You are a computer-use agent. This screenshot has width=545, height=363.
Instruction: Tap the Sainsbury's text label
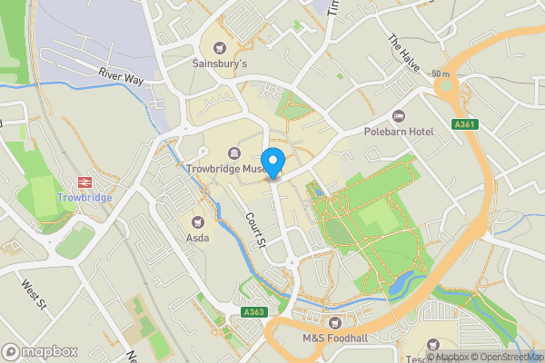[219, 64]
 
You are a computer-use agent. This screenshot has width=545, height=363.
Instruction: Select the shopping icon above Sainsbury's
[219, 47]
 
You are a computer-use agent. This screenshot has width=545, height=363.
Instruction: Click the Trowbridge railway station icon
[84, 181]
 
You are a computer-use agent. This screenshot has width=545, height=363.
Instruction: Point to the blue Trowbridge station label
[84, 198]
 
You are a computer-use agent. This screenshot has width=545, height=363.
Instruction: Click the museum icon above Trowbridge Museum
[234, 152]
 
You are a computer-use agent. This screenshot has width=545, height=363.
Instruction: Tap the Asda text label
[198, 239]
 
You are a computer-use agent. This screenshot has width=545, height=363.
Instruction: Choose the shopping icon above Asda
[198, 222]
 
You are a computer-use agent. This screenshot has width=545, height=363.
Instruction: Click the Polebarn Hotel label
[398, 132]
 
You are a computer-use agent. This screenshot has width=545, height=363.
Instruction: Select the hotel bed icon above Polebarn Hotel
[398, 115]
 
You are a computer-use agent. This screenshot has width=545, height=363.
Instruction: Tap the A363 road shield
[254, 313]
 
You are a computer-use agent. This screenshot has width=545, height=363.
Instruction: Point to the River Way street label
[122, 79]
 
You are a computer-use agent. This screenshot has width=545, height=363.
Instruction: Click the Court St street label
[254, 230]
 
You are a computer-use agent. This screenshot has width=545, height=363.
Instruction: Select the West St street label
[35, 293]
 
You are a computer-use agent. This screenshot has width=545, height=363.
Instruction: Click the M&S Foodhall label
[335, 339]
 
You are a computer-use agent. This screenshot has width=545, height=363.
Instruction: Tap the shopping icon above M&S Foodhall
[335, 323]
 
